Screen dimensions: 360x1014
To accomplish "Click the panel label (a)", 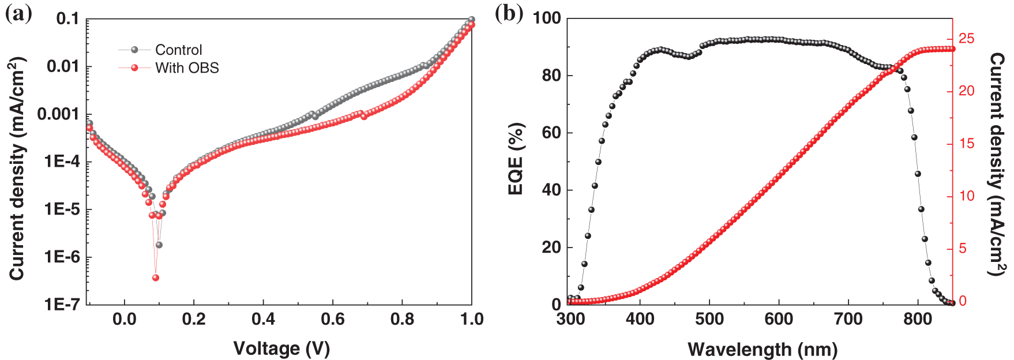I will (18, 14).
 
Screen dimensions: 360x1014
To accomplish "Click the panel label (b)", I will (509, 14).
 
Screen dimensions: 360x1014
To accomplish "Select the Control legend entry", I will (178, 50).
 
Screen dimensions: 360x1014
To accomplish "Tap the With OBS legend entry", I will (186, 68).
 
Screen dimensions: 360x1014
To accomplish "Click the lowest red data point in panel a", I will (155, 277).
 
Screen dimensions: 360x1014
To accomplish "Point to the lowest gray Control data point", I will (159, 245).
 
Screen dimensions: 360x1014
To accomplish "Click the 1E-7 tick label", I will (62, 304).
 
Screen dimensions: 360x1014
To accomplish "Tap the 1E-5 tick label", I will (62, 209).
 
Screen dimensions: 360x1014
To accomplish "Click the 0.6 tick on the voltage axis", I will (333, 319).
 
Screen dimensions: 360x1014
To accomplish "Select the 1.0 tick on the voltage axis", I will (471, 319).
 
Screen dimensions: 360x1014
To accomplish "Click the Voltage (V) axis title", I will (281, 348).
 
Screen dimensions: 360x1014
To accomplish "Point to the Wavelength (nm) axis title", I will (763, 349).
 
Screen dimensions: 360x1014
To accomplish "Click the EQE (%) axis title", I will (516, 159).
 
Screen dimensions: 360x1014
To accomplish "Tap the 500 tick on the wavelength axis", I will (709, 319).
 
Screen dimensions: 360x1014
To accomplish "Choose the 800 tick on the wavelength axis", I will (918, 319).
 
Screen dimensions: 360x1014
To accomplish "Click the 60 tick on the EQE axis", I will (551, 133).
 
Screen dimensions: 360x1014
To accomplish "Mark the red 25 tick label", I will (967, 39).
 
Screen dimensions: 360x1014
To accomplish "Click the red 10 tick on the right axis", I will (967, 196).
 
